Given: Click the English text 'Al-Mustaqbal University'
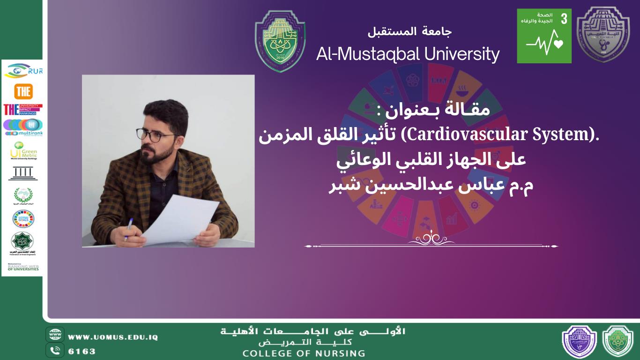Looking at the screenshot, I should (x=408, y=54).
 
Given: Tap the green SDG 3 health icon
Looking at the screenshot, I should (x=544, y=36).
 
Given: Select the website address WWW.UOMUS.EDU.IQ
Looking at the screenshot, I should (x=112, y=337).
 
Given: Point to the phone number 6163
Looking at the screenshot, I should (x=82, y=351).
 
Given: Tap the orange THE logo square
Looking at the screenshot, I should (x=23, y=91).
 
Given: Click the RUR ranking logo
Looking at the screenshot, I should (x=23, y=71).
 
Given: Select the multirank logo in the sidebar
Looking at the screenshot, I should (x=23, y=127).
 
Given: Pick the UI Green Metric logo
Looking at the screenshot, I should (x=23, y=151).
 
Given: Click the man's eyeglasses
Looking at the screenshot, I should (x=156, y=135).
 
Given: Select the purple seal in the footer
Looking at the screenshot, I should (x=579, y=341).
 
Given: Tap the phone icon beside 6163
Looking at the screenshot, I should (x=55, y=350).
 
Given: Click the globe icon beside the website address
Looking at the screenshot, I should (x=55, y=336).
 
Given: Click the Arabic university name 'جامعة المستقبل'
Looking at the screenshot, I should (x=409, y=32).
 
